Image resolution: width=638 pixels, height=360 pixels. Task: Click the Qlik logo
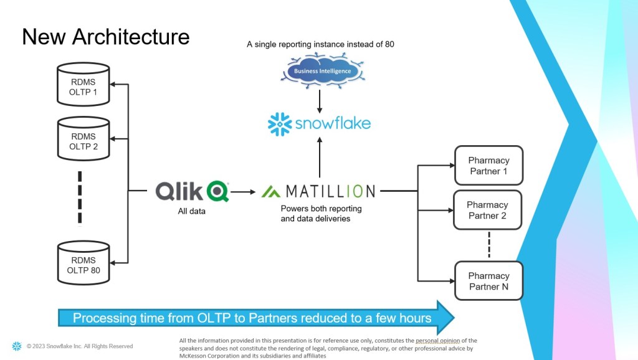tap(192, 191)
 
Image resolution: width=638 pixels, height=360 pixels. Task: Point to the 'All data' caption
tap(192, 212)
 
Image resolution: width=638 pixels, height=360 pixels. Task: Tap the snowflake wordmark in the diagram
tap(319, 123)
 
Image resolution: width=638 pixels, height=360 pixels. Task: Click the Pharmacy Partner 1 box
tap(488, 166)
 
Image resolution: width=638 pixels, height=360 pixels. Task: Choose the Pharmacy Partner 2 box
tap(488, 210)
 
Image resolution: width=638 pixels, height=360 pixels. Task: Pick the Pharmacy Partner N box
tap(488, 281)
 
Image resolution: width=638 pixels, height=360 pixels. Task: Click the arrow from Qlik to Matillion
tap(244, 191)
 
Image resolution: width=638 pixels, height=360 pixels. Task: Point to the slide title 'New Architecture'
tap(106, 37)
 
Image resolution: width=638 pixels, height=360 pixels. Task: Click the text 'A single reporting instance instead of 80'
tap(320, 45)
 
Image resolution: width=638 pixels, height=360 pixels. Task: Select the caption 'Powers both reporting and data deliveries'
tap(320, 213)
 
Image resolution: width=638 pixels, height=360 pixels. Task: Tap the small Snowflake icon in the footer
tap(16, 346)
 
